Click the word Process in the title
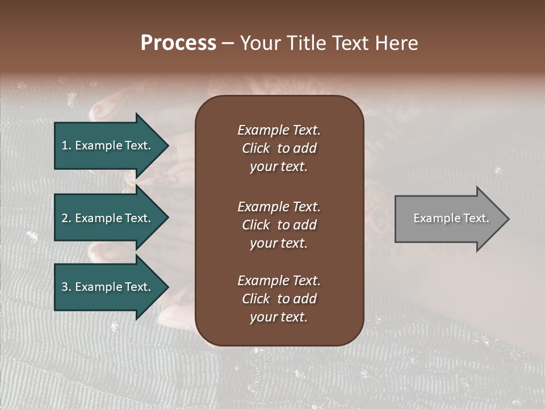(x=178, y=43)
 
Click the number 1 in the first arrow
(x=65, y=145)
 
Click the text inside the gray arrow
(x=451, y=218)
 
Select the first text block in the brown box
(x=279, y=148)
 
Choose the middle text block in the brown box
(x=279, y=224)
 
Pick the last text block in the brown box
(x=279, y=299)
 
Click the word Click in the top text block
(x=255, y=148)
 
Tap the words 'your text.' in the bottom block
(x=279, y=317)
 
